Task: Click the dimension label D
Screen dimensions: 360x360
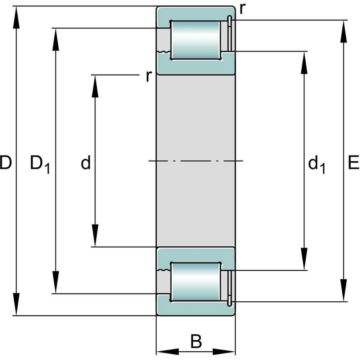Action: point(6,163)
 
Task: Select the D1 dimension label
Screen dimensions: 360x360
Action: point(40,164)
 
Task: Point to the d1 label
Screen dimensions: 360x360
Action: point(316,165)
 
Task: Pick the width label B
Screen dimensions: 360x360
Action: point(196,341)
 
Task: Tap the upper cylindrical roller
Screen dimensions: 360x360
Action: point(195,40)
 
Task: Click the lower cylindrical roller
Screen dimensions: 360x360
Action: point(195,282)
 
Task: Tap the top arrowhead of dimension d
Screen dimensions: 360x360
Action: point(95,86)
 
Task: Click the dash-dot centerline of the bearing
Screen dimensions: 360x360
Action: point(196,161)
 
